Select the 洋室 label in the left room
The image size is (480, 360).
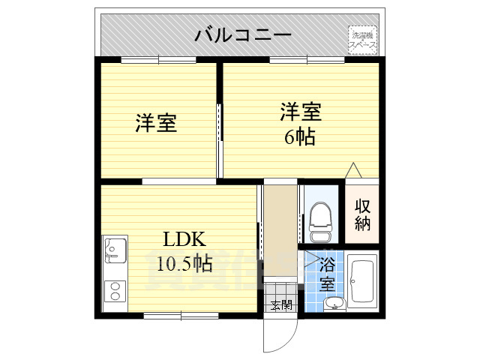pyautogui.click(x=156, y=123)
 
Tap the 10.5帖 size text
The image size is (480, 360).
pyautogui.click(x=184, y=263)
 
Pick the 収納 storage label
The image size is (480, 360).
pyautogui.click(x=363, y=214)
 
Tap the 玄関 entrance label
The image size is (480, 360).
pyautogui.click(x=281, y=305)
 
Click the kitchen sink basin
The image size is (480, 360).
pyautogui.click(x=114, y=250)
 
